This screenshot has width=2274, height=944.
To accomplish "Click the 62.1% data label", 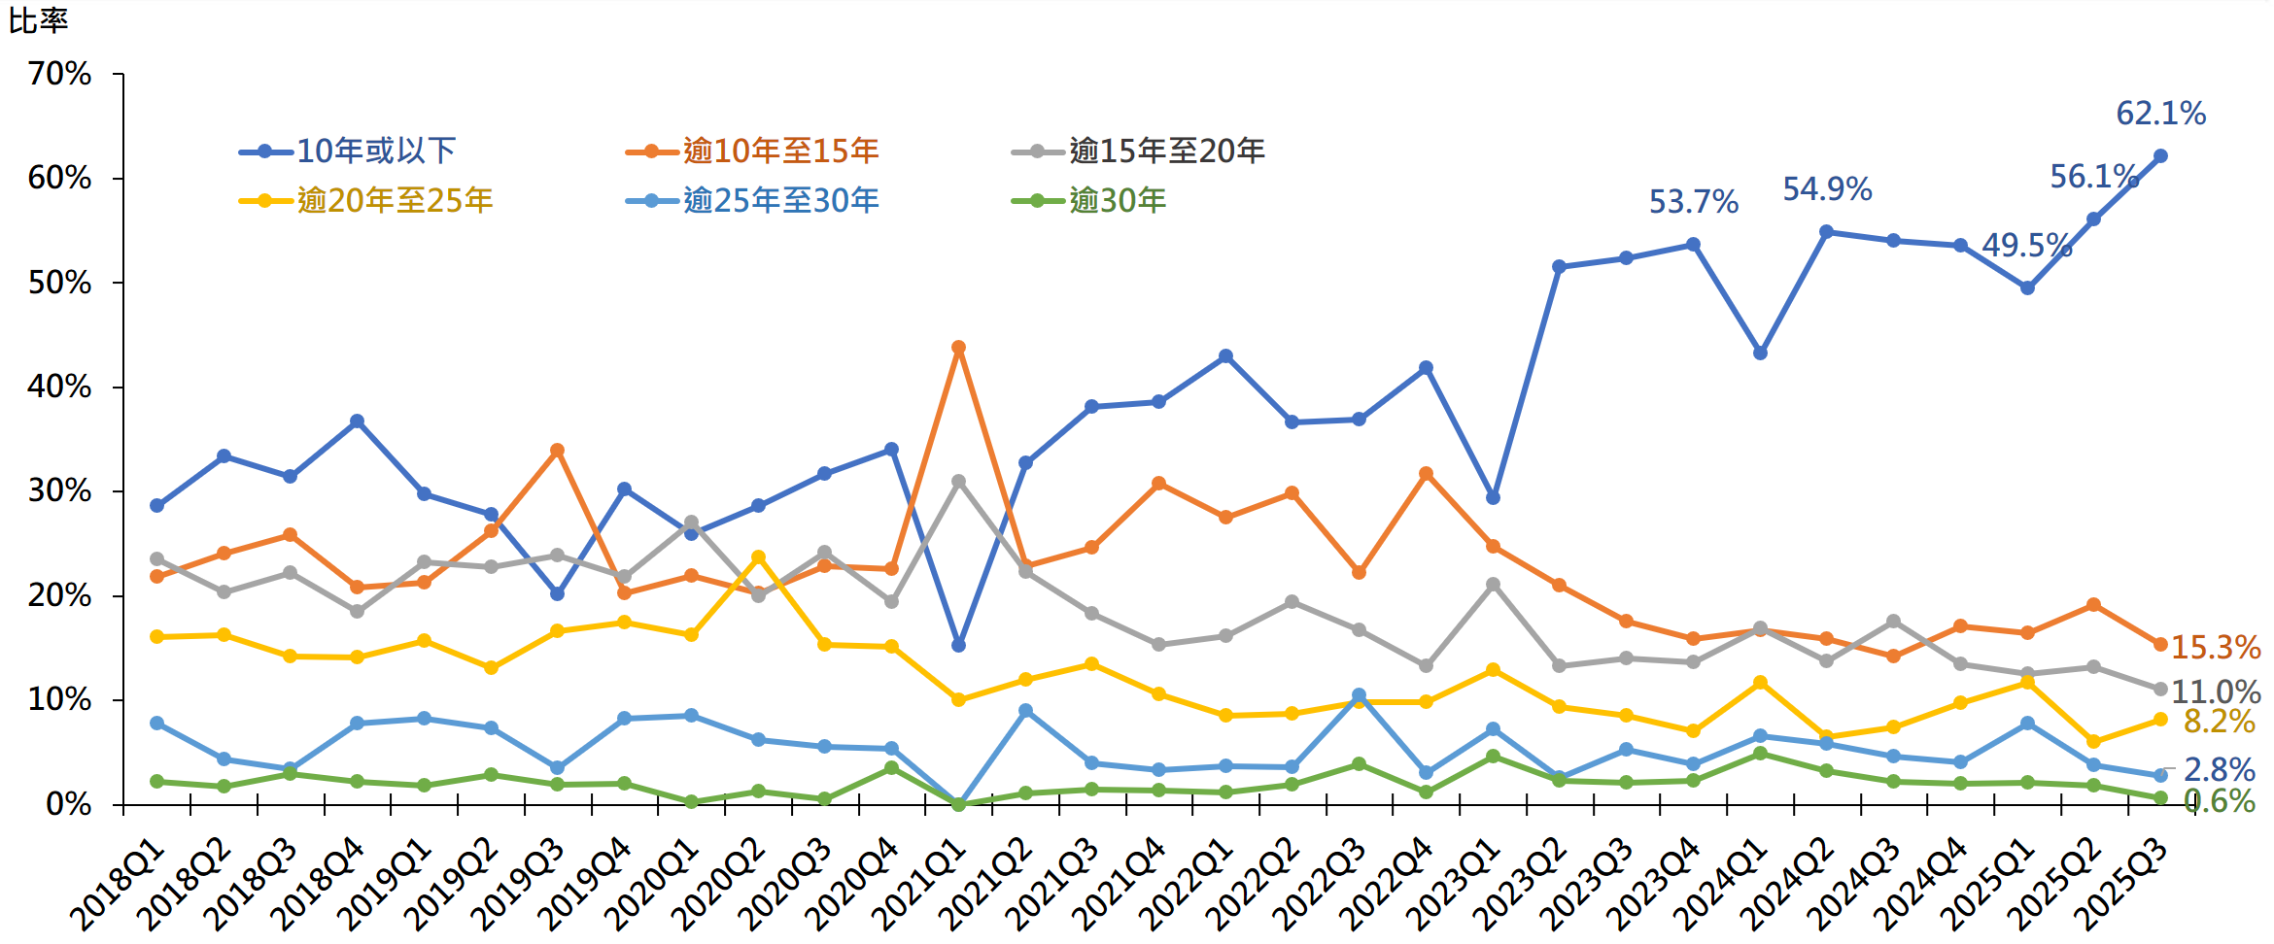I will click(2160, 114).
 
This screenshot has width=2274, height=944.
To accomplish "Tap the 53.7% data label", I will click(1693, 202).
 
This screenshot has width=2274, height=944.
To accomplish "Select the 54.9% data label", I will click(1827, 189).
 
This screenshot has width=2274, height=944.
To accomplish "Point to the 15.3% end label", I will click(2216, 647).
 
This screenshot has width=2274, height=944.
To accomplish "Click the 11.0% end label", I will click(2216, 691).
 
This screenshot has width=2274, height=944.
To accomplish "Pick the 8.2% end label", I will click(2219, 721).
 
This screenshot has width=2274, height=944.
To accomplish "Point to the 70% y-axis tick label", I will click(60, 74).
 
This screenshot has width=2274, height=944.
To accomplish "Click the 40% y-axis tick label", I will click(60, 387).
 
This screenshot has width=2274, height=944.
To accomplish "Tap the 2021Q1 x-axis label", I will click(920, 884).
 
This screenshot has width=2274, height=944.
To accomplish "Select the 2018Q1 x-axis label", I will click(119, 884).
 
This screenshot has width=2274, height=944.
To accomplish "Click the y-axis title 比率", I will click(38, 20).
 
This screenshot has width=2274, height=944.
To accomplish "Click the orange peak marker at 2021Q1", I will click(958, 348).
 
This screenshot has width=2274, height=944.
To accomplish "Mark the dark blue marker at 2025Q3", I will click(2160, 156).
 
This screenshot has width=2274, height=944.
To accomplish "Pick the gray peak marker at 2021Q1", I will click(958, 482).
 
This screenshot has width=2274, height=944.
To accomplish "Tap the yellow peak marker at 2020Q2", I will click(758, 557).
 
